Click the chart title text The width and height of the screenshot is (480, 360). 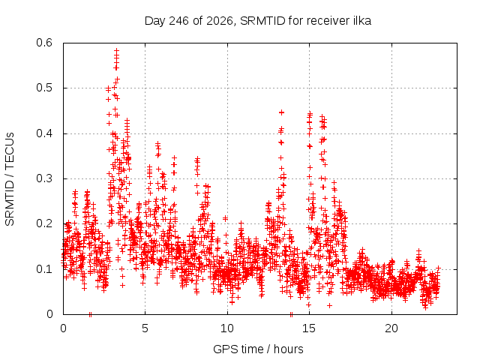258,21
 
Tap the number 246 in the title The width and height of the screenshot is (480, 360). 179,21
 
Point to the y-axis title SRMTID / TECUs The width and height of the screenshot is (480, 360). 10,179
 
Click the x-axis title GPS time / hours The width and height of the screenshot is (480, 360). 258,349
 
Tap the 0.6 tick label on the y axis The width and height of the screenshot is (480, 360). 44,43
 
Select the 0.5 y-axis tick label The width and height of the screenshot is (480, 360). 44,88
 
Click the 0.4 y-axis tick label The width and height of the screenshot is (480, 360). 44,133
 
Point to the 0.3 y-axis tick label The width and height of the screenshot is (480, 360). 44,178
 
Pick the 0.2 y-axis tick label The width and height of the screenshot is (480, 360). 44,223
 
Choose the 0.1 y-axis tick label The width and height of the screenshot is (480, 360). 44,269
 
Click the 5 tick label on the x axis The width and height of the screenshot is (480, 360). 145,328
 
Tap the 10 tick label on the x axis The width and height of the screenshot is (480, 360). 227,328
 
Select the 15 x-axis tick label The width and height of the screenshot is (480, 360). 309,328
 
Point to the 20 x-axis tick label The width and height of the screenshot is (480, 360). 391,328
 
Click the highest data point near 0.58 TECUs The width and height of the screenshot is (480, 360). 116,50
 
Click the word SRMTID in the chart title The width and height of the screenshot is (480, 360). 262,21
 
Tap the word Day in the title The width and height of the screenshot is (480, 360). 155,22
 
